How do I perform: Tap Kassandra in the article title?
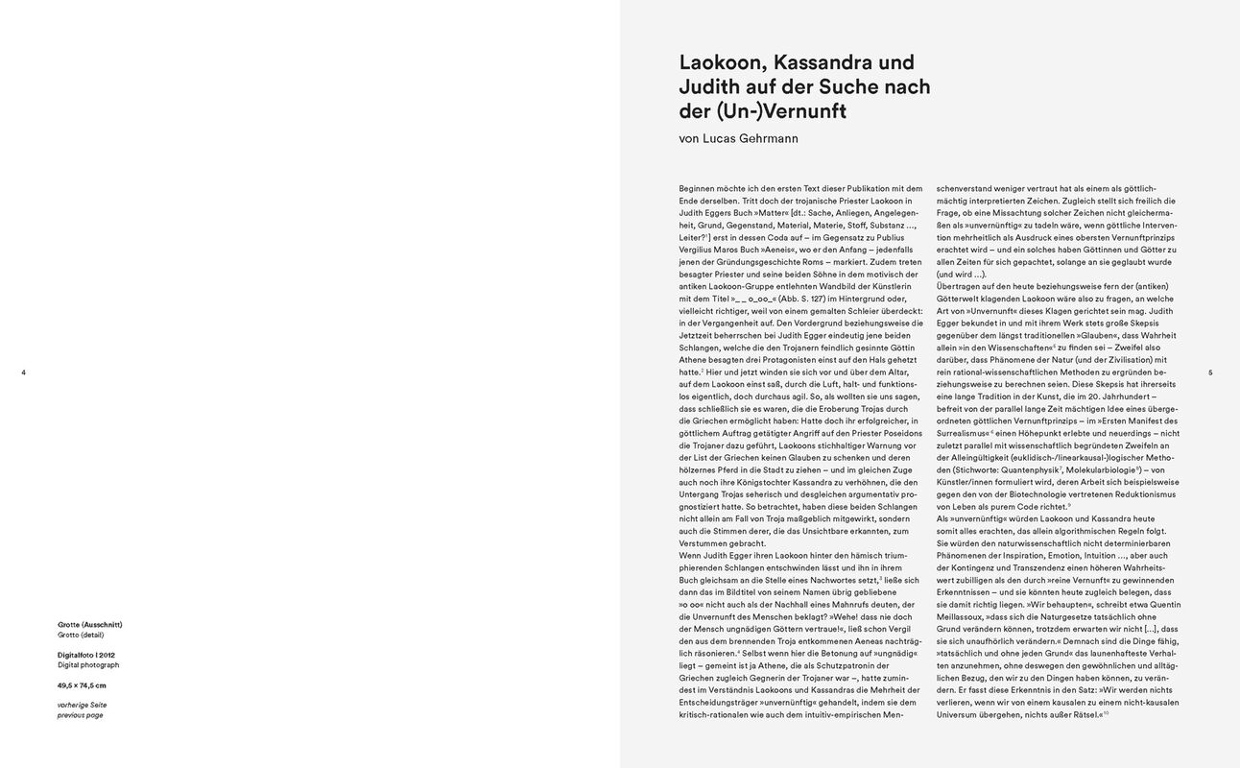[832, 62]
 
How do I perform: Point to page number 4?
[23, 372]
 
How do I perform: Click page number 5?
[1210, 372]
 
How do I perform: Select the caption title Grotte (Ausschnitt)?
[89, 624]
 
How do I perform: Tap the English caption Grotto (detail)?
[80, 635]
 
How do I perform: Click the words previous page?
[80, 715]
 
